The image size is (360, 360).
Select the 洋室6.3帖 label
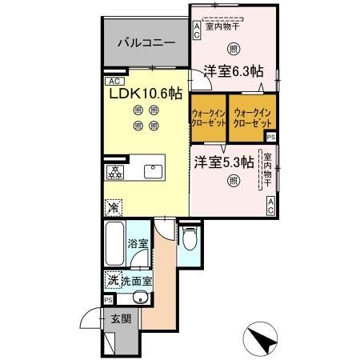[x=233, y=71]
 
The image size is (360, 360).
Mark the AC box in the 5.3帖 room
[x=271, y=206]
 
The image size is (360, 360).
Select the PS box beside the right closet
[x=272, y=137]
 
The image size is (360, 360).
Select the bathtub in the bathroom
[x=114, y=246]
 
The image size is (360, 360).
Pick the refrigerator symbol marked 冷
[x=114, y=206]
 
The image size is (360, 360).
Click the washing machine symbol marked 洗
[x=113, y=280]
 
